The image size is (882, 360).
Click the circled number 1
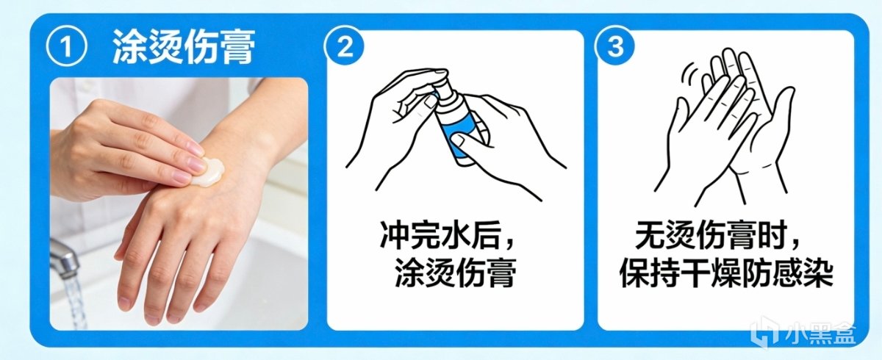[66, 48]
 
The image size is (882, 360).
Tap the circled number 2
[345, 47]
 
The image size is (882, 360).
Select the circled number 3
[615, 46]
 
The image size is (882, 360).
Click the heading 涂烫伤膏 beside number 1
[184, 47]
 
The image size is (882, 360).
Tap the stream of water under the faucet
[74, 303]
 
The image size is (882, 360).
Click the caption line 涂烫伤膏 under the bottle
[455, 273]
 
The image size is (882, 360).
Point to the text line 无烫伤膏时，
[719, 236]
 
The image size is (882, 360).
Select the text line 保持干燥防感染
[726, 273]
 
